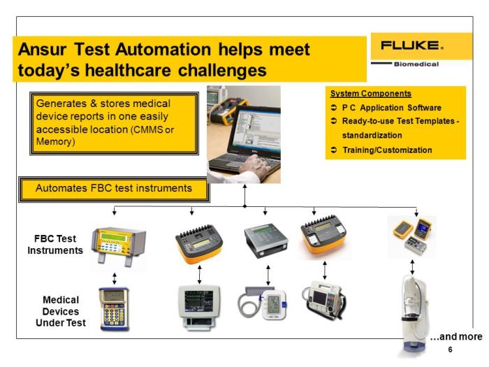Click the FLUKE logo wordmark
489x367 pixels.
coord(411,45)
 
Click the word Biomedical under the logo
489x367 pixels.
coord(416,64)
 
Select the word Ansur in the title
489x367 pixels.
coord(42,50)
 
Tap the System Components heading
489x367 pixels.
coord(370,93)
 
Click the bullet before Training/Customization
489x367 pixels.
coord(334,150)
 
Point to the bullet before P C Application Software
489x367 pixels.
coord(334,108)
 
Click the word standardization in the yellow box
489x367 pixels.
coord(372,135)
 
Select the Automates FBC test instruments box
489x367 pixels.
coord(114,189)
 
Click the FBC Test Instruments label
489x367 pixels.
coord(55,245)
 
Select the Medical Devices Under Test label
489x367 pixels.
coord(61,311)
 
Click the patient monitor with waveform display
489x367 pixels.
coord(198,307)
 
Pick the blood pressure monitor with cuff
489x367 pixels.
coord(263,303)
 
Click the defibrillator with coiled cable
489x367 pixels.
coord(324,300)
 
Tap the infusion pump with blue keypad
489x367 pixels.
coord(114,309)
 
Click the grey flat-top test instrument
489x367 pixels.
coord(265,240)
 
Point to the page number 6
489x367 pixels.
coord(450,350)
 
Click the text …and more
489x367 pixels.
coord(456,336)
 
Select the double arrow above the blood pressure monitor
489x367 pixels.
coord(268,275)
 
